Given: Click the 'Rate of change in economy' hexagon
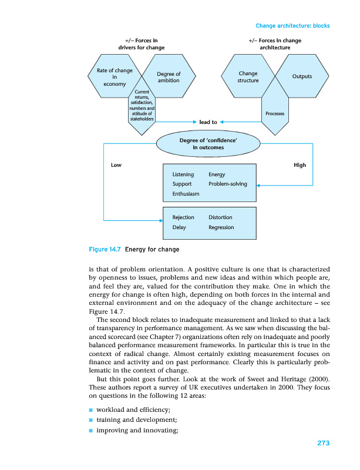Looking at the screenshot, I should (115, 77).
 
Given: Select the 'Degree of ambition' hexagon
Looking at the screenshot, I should (169, 77).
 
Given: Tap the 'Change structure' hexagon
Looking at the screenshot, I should (248, 77).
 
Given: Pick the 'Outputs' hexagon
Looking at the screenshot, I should (302, 76).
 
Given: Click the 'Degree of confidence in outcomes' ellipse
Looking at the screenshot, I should (208, 144).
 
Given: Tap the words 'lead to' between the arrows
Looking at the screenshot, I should (208, 122).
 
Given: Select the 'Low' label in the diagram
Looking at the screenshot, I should (116, 165).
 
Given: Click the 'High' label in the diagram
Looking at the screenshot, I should (300, 165).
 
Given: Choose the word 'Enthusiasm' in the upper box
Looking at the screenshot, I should (186, 193).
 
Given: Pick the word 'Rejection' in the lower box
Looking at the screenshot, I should (183, 217).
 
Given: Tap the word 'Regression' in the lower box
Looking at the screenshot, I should (221, 227).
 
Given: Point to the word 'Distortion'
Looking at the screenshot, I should (220, 217).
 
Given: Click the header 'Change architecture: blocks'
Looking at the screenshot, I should (292, 26).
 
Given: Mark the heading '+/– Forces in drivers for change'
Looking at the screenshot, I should (142, 43).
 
